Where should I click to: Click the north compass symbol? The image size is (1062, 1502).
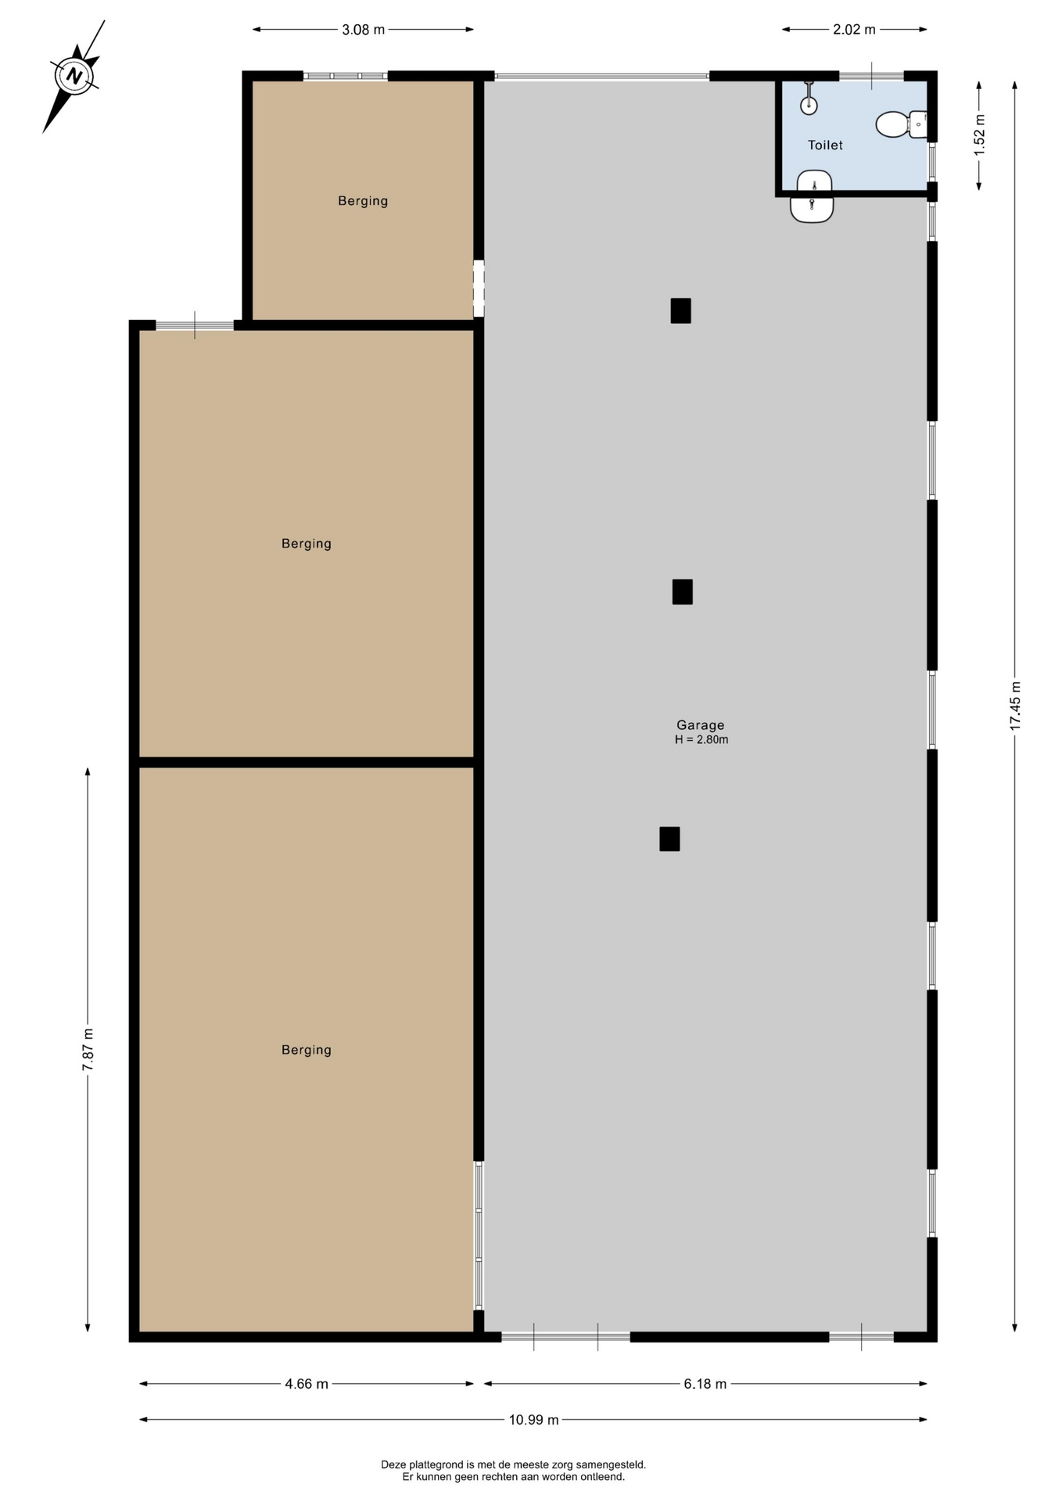pyautogui.click(x=74, y=76)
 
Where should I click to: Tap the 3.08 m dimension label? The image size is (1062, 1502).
pyautogui.click(x=363, y=30)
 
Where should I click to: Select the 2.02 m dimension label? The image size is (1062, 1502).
pyautogui.click(x=854, y=30)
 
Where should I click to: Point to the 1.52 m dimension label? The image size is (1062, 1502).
pyautogui.click(x=979, y=135)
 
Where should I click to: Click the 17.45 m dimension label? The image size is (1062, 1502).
pyautogui.click(x=1015, y=706)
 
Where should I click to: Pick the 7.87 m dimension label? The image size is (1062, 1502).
pyautogui.click(x=88, y=1050)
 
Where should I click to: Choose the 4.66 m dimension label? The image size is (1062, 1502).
pyautogui.click(x=307, y=1384)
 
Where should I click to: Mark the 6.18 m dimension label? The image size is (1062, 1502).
pyautogui.click(x=705, y=1384)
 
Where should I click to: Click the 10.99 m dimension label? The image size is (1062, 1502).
pyautogui.click(x=533, y=1420)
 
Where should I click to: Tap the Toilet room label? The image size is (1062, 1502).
pyautogui.click(x=825, y=145)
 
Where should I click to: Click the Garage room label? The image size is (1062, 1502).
pyautogui.click(x=701, y=725)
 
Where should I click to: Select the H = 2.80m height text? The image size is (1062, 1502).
pyautogui.click(x=701, y=740)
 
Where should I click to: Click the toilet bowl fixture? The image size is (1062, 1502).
pyautogui.click(x=901, y=124)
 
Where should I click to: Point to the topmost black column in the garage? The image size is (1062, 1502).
pyautogui.click(x=680, y=311)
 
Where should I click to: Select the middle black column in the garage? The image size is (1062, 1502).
pyautogui.click(x=682, y=591)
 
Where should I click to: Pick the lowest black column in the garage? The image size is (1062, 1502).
pyautogui.click(x=669, y=839)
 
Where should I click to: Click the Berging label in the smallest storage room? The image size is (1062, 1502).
pyautogui.click(x=363, y=201)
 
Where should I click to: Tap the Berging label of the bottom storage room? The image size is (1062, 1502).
pyautogui.click(x=307, y=1050)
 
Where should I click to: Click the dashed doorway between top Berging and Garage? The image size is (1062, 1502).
pyautogui.click(x=479, y=289)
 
